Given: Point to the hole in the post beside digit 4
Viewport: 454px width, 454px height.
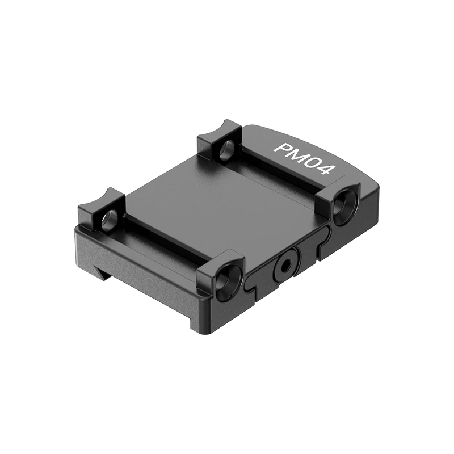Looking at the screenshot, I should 345,204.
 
